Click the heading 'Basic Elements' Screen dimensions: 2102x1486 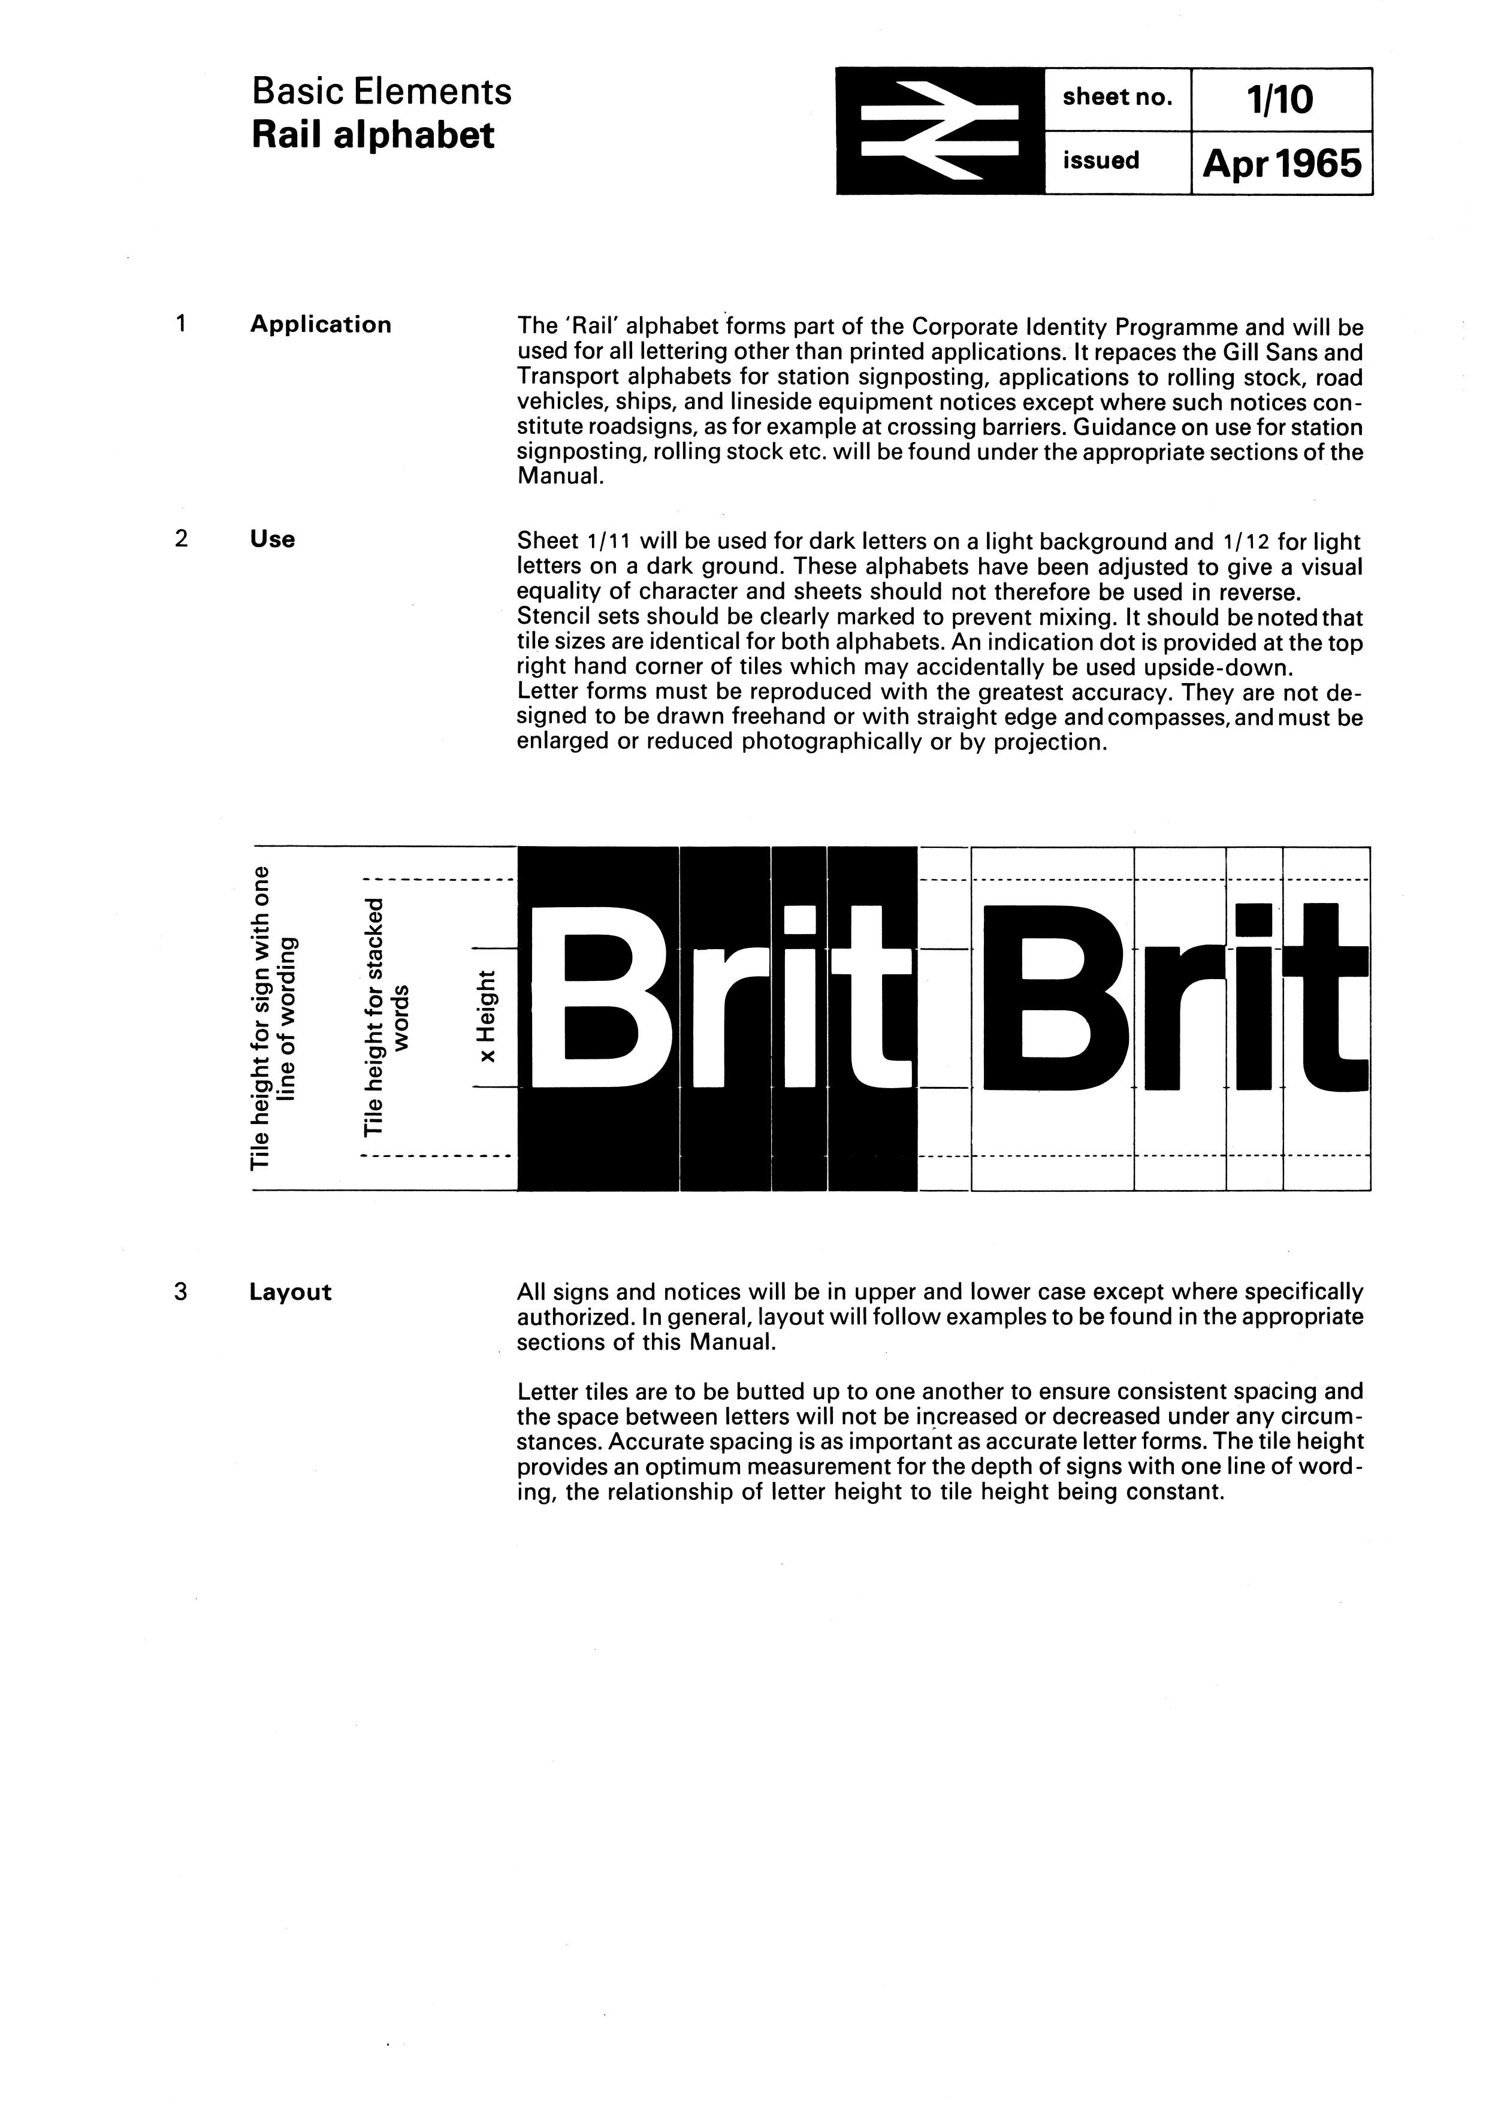tap(382, 92)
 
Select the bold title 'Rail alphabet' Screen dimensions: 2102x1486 tap(373, 135)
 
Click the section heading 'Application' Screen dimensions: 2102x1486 tap(321, 325)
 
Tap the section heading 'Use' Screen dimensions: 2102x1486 tap(272, 539)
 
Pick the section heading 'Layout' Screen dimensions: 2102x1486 tap(290, 1292)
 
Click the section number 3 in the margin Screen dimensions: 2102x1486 tap(180, 1292)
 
